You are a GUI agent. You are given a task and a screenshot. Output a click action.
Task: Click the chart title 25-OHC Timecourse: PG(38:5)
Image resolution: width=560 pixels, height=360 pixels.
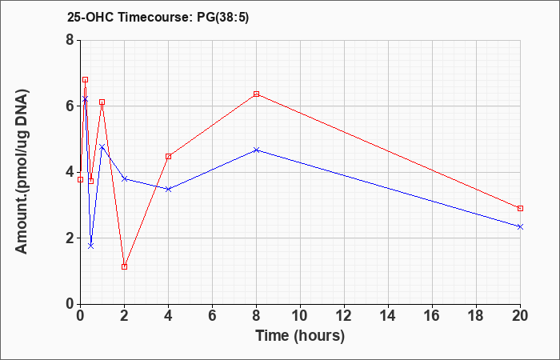pyautogui.click(x=158, y=17)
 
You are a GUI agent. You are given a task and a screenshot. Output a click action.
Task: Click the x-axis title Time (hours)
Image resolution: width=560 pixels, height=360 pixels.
pyautogui.click(x=300, y=336)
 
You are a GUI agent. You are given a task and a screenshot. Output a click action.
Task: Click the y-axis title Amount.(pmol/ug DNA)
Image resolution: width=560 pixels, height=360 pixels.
pyautogui.click(x=22, y=172)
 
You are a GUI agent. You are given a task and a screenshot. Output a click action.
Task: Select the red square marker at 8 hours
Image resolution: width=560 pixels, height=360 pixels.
pyautogui.click(x=256, y=94)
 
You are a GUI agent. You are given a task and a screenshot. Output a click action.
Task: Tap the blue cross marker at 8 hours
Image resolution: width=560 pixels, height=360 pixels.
pyautogui.click(x=256, y=150)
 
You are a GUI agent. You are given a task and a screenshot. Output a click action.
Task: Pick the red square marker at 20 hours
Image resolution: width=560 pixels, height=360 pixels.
pyautogui.click(x=520, y=208)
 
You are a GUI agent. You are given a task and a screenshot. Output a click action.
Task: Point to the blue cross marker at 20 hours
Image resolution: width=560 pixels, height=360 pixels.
pyautogui.click(x=520, y=226)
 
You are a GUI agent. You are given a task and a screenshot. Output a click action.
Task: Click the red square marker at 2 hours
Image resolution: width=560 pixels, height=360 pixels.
pyautogui.click(x=124, y=266)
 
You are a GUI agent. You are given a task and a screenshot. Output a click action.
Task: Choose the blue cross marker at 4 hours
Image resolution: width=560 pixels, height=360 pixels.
pyautogui.click(x=169, y=189)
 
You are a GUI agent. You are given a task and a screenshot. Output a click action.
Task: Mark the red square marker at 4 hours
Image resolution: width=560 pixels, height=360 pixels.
pyautogui.click(x=169, y=157)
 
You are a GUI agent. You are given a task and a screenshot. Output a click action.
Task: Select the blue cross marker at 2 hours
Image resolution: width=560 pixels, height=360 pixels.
pyautogui.click(x=124, y=178)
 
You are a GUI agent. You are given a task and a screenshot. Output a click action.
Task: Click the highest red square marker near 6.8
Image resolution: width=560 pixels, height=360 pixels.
pyautogui.click(x=85, y=80)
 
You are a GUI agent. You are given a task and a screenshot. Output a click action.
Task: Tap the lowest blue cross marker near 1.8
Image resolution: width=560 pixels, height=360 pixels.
pyautogui.click(x=90, y=246)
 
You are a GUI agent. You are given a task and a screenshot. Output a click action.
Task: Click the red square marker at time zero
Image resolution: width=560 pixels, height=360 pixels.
pyautogui.click(x=80, y=180)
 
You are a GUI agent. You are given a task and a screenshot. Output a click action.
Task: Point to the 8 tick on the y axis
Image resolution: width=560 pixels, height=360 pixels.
pyautogui.click(x=70, y=40)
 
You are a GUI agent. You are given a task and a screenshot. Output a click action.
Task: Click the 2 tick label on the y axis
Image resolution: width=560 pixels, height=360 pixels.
pyautogui.click(x=70, y=238)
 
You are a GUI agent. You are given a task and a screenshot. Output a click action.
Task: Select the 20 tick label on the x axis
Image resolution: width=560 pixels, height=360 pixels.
pyautogui.click(x=520, y=316)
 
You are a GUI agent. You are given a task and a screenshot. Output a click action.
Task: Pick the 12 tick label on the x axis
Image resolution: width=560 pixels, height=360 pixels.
pyautogui.click(x=344, y=316)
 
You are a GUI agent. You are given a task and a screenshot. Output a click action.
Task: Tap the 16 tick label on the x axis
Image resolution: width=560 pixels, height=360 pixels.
pyautogui.click(x=432, y=316)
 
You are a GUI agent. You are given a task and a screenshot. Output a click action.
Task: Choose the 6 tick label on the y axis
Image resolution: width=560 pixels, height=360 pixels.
pyautogui.click(x=70, y=106)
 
